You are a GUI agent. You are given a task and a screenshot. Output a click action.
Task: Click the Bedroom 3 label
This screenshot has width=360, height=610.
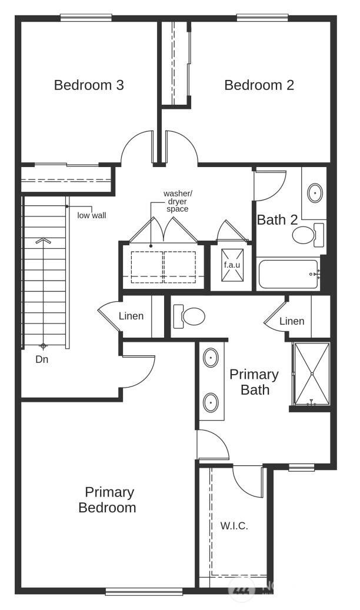pos(89,85)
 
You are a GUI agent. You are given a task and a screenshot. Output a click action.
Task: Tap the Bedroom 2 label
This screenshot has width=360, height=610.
pos(259,85)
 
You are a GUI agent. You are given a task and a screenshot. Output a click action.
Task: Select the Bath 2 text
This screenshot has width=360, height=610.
pos(277,221)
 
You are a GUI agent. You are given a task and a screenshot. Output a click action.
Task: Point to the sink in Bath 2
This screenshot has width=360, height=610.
pos(316,192)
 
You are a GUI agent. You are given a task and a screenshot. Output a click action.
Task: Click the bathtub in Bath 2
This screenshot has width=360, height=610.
pos(288,274)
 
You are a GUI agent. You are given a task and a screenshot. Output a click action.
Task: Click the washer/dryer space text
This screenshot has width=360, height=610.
pos(178,201)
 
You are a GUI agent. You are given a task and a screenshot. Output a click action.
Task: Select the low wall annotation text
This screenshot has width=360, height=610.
pos(92,215)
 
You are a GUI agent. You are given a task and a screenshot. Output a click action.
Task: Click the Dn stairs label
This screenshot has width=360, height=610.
pos(42,359)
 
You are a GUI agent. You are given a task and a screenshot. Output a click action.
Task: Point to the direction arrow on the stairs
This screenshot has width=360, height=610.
pos(42,241)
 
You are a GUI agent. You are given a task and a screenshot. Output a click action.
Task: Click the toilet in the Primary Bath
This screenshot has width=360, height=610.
pos(189,316)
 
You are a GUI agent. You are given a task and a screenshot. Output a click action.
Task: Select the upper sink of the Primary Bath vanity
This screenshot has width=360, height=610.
pos(211,358)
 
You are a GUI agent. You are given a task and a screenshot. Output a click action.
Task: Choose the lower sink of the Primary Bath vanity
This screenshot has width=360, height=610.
pos(211,403)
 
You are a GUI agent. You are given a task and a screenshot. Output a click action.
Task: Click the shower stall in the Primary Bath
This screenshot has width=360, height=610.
pos(311,374)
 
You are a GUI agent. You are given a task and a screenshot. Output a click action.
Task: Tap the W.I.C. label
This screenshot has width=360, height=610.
pos(234,526)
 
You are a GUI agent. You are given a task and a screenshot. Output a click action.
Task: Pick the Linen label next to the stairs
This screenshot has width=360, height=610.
pos(131,316)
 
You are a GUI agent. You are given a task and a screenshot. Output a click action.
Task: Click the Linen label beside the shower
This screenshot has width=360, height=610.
pos(292,321)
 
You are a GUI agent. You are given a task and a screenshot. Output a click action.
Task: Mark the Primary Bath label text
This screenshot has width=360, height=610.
pos(254,382)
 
